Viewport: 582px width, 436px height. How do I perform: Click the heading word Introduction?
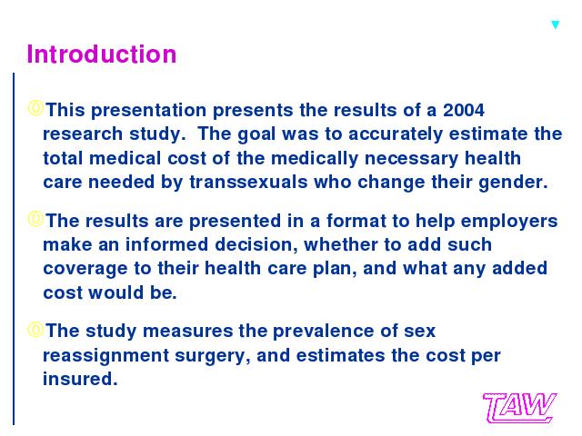[101, 54]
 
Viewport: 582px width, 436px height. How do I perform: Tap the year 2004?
[464, 110]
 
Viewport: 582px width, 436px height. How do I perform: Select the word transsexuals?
[248, 182]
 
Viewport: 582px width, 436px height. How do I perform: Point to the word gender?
[513, 183]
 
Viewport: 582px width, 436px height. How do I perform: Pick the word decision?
[256, 244]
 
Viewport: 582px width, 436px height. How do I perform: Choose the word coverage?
[85, 269]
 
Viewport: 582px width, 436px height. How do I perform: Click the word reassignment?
[106, 356]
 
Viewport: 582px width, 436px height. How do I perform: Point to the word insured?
[80, 379]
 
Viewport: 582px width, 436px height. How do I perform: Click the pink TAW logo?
[519, 408]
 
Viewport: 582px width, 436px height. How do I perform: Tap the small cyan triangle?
[556, 25]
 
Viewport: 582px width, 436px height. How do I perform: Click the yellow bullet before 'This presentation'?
[35, 108]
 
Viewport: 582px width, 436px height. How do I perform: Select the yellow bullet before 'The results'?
[35, 219]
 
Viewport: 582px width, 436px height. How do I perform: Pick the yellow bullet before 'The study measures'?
[35, 329]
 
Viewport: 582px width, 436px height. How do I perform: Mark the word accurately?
[396, 134]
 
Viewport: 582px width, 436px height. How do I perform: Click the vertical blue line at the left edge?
[14, 249]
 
